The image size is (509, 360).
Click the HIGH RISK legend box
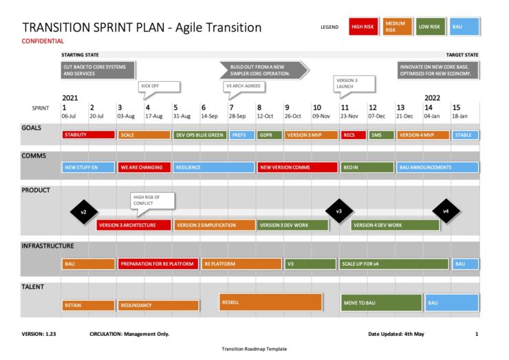coord(362,27)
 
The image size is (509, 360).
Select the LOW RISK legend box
coord(429,27)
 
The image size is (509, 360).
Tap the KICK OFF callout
coord(159,86)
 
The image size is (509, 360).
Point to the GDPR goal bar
coord(269,135)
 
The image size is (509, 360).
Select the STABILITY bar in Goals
coord(87,135)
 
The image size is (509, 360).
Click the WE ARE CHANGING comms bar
coord(143,167)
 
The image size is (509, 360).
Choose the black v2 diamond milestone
coord(83,212)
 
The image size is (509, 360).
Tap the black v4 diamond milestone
coord(445,211)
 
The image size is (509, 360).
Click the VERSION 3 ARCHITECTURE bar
coord(133,225)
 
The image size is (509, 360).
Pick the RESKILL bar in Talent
coord(271,301)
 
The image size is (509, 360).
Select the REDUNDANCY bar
coord(158,305)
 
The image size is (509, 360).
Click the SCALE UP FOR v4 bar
coord(393,264)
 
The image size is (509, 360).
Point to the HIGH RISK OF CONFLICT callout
coord(152,200)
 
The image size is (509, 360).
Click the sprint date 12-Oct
coord(265,116)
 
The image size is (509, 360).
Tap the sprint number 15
coord(455,107)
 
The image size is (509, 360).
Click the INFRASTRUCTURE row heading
coord(47,246)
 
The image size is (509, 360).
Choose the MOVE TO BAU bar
coord(380,303)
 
